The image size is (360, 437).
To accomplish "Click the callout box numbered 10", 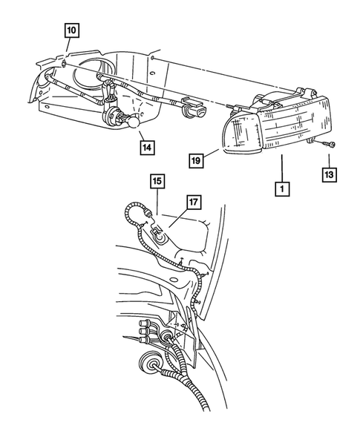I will [71, 30].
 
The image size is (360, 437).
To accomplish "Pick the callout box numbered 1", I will [281, 188].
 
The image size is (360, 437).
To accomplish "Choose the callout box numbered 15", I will [157, 181].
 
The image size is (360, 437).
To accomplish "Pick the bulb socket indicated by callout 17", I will [158, 237].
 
